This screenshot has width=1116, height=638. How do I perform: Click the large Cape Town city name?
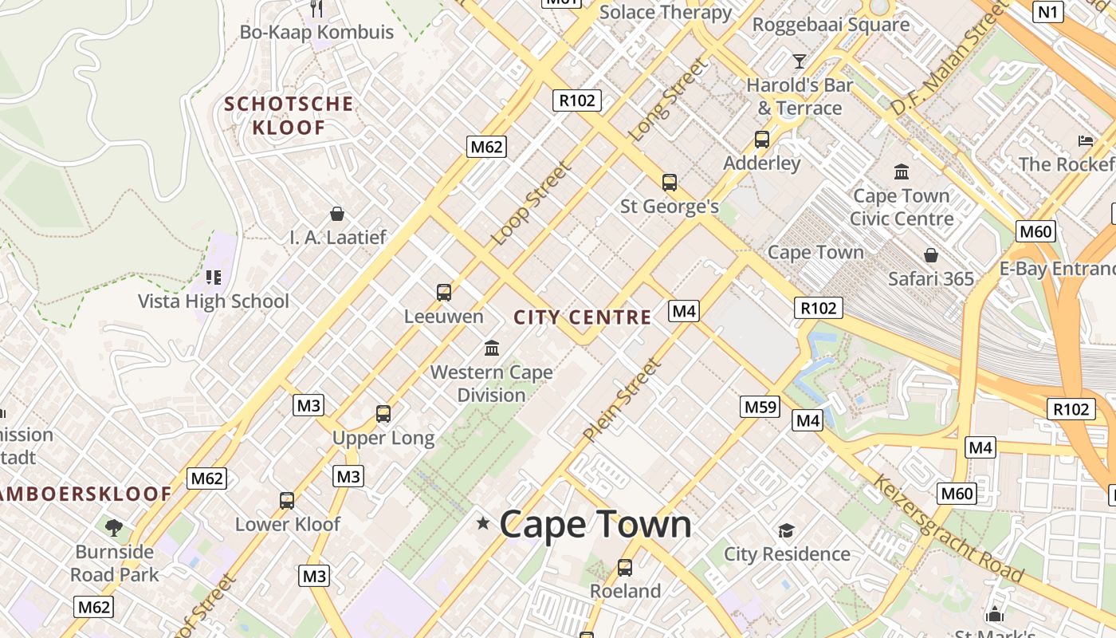click(x=595, y=524)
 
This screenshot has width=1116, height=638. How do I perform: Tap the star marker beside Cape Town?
click(x=482, y=523)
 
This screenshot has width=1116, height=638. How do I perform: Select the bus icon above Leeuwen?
click(x=444, y=293)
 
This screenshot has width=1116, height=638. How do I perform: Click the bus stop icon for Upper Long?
click(x=383, y=414)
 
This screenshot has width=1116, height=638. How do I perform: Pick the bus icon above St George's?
click(x=670, y=183)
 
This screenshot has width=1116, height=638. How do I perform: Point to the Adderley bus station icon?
click(x=762, y=140)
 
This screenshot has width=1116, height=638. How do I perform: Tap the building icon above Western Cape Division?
click(x=492, y=348)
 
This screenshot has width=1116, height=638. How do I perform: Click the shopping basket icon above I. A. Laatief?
click(x=337, y=214)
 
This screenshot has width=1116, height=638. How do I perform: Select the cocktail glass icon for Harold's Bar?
click(x=800, y=61)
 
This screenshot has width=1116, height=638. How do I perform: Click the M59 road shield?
click(x=760, y=407)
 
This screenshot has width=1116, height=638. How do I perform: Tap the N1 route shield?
click(x=1048, y=11)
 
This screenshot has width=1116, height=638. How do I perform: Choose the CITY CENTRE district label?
click(x=583, y=317)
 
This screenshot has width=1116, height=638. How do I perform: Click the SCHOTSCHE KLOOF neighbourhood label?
click(x=289, y=116)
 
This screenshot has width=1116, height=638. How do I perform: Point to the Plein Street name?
click(x=623, y=401)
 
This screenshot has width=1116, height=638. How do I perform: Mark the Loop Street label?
click(x=532, y=204)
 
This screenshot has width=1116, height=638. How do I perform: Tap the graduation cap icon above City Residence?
click(x=787, y=530)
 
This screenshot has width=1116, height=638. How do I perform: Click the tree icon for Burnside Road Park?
click(x=114, y=527)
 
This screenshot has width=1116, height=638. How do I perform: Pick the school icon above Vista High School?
click(x=213, y=278)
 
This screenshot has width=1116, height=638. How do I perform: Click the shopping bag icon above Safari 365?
click(x=930, y=255)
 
